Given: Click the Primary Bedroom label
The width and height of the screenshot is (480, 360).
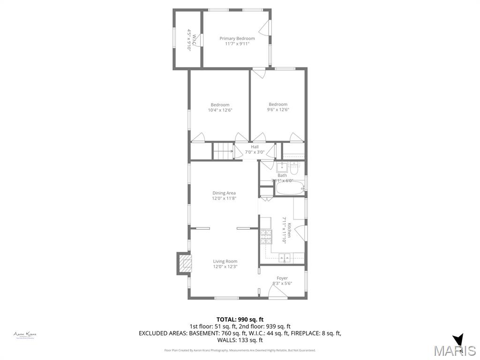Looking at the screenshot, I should click(237, 38).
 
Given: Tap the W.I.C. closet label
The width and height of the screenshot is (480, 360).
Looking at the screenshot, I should click(188, 40).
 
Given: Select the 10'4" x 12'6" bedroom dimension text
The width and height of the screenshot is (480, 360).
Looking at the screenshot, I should click(220, 110).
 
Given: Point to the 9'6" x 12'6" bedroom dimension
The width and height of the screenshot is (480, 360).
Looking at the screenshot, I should click(278, 110).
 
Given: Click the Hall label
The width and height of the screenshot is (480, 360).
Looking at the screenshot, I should click(255, 147).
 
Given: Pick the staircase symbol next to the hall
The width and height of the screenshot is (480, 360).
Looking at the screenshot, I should click(223, 151).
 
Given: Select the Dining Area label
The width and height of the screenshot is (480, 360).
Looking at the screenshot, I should click(224, 193).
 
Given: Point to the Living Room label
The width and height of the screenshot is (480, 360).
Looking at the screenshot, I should click(225, 261).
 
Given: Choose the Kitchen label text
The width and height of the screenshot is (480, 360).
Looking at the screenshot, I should click(290, 230).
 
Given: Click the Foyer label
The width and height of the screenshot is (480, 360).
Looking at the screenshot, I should click(282, 278).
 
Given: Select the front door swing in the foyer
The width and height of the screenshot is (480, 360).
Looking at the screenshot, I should click(277, 293).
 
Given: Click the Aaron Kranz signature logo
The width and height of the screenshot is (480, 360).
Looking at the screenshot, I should click(25, 335).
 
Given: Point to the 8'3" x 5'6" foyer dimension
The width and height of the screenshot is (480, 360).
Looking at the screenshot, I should click(282, 284).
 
